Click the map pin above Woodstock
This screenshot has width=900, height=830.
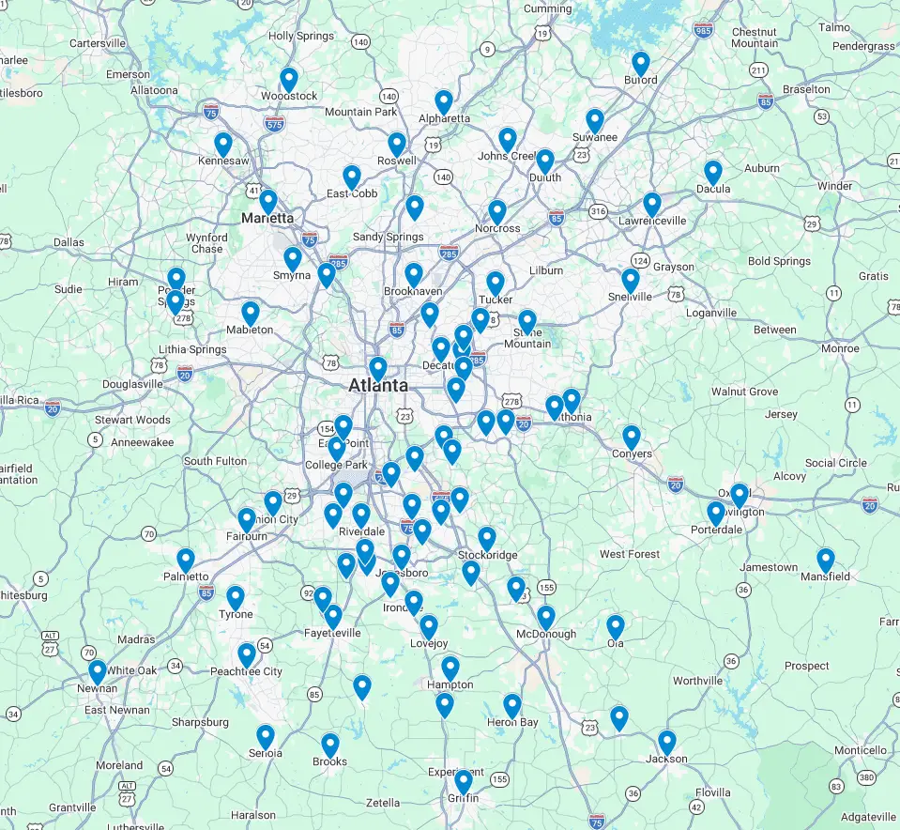289,79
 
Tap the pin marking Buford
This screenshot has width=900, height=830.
641,63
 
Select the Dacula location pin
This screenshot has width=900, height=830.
713,172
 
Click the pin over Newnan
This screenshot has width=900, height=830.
98,671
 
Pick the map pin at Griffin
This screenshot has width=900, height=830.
464,781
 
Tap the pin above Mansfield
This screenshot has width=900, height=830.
826,560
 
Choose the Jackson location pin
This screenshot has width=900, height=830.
667,742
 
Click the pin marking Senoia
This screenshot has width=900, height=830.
266,736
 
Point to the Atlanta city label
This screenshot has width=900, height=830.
378,385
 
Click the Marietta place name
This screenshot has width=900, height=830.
267,218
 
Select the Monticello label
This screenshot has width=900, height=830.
860,750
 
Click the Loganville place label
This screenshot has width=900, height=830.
711,313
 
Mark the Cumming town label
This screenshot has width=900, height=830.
547,8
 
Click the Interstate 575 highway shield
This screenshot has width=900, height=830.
274,122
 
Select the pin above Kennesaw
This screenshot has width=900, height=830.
223,145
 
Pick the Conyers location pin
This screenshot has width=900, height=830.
632,437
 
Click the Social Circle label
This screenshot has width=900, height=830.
835,463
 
